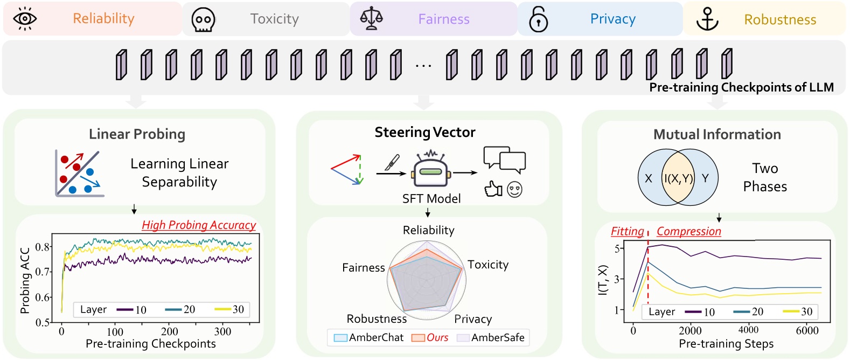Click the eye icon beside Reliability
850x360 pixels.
[x=25, y=19]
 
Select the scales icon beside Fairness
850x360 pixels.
[x=371, y=18]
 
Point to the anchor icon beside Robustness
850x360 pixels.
[x=707, y=19]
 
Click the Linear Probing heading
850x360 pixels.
[x=137, y=134]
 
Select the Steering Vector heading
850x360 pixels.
[x=425, y=132]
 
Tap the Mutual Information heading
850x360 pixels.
[x=717, y=134]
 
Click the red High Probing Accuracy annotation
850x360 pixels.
[x=199, y=225]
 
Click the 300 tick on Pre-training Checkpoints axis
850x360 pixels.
[x=223, y=331]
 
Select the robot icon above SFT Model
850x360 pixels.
[x=431, y=169]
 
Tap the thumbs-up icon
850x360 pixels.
[x=493, y=189]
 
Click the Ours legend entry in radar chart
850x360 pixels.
[x=430, y=337]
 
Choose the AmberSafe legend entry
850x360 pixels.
[x=491, y=337]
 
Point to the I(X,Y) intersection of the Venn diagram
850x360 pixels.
[x=678, y=178]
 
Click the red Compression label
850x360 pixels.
[x=689, y=231]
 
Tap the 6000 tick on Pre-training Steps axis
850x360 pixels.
[x=807, y=331]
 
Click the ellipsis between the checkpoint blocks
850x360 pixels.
[x=423, y=66]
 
